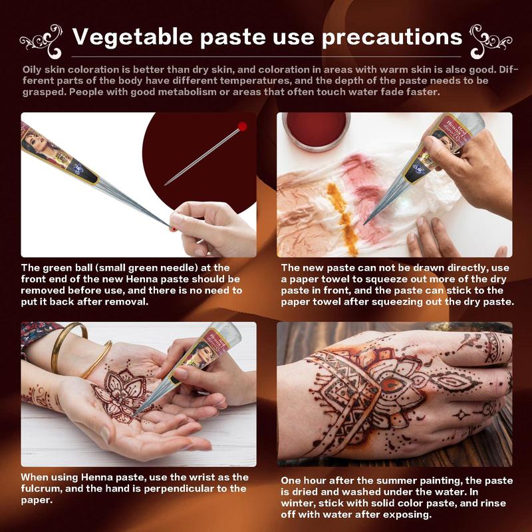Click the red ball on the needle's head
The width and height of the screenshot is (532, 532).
tap(242, 126)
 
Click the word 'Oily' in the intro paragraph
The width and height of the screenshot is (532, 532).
tap(34, 69)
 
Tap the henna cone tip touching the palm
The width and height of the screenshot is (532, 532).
tap(132, 416)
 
